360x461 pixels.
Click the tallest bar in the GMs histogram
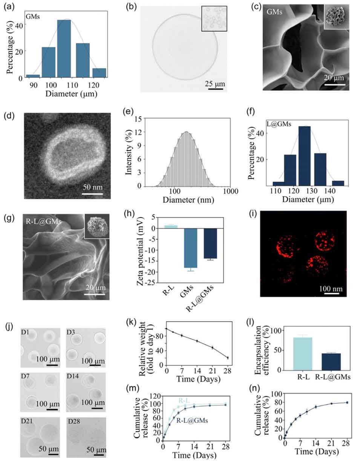point(64,49)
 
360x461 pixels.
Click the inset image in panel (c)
point(336,17)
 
